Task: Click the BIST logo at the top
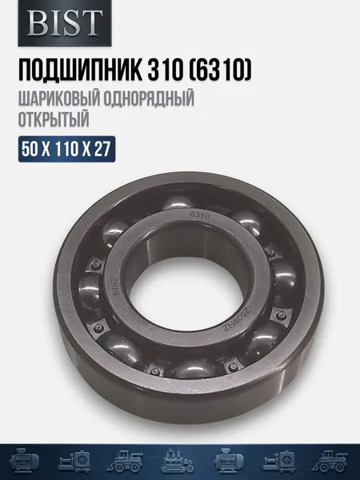[65, 22]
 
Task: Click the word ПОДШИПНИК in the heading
[81, 70]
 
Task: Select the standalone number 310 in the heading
[164, 70]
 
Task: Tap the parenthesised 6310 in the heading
[219, 70]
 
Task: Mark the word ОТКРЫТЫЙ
[54, 119]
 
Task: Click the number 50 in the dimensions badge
[30, 150]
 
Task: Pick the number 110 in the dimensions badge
[66, 150]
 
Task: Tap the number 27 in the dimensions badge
[102, 150]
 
